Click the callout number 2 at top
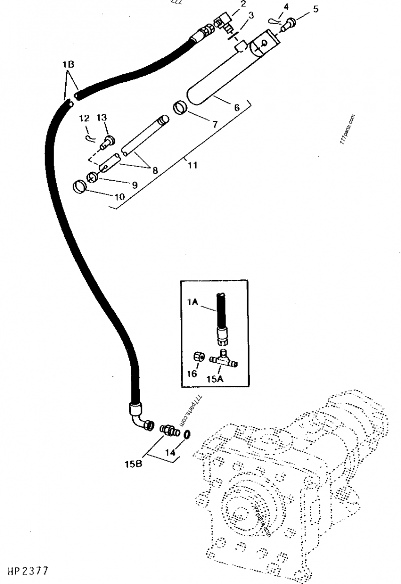(x=243, y=4)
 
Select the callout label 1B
(x=68, y=65)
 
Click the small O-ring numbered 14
(x=186, y=434)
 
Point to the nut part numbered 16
(x=198, y=357)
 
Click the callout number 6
(x=237, y=107)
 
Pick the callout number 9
(x=134, y=184)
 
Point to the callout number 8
(x=155, y=171)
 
